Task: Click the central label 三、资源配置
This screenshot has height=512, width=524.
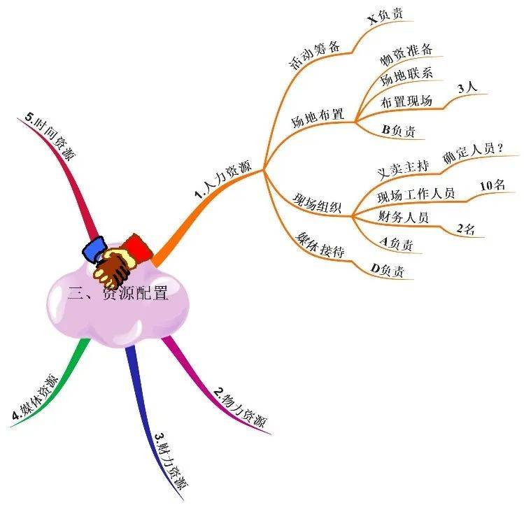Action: (118, 293)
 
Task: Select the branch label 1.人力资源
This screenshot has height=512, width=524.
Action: (223, 180)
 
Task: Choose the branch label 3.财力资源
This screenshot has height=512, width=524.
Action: (171, 460)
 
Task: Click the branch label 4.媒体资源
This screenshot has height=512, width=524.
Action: (35, 397)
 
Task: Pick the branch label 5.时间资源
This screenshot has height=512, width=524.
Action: (50, 136)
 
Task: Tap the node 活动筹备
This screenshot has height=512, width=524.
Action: (314, 55)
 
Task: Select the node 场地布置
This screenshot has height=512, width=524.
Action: (317, 118)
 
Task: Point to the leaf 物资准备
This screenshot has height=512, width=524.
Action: (406, 54)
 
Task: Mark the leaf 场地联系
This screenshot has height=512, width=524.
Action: (406, 76)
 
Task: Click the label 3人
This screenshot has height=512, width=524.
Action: (467, 88)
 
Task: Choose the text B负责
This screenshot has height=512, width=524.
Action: (398, 130)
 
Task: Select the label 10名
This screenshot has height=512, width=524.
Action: (493, 185)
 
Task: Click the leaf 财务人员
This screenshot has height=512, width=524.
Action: (403, 217)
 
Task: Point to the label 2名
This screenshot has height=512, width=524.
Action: (465, 229)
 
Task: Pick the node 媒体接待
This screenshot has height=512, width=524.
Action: (320, 245)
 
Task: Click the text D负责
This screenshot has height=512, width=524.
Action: (387, 270)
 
